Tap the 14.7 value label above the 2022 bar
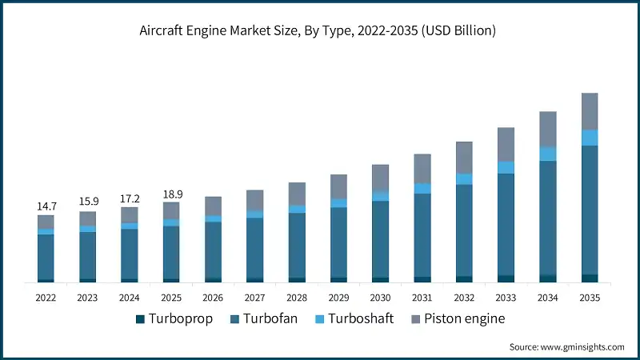click(46, 206)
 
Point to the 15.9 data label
click(87, 202)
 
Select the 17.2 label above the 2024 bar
click(129, 197)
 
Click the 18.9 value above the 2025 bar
click(171, 194)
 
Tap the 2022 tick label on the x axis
click(46, 297)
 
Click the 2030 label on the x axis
click(380, 297)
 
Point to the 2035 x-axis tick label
click(589, 297)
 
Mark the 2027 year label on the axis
click(254, 297)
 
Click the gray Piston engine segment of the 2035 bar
click(590, 111)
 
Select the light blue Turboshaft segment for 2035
click(590, 138)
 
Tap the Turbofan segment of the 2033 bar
click(506, 224)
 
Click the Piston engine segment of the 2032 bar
click(464, 158)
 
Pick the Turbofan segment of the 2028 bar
click(297, 245)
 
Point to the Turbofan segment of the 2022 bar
click(46, 256)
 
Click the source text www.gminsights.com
click(567, 346)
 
